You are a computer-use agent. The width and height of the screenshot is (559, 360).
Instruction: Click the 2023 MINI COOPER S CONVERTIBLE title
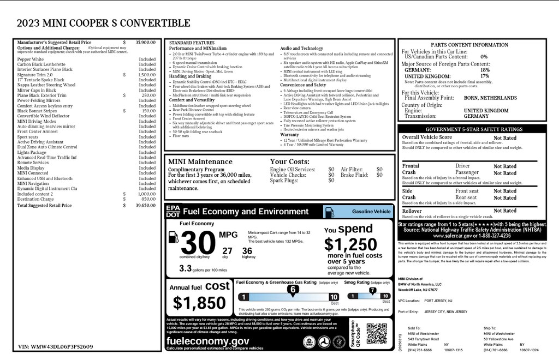(x=104, y=23)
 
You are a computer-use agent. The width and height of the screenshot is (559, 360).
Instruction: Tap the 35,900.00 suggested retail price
(x=146, y=42)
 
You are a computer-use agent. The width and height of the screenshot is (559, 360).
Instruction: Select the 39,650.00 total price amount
(x=146, y=206)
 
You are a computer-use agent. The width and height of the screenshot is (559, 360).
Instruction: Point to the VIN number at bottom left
(x=55, y=346)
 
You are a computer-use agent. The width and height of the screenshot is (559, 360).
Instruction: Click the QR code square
(x=376, y=333)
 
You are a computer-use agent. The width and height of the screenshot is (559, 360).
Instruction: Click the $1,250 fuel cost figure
(x=350, y=244)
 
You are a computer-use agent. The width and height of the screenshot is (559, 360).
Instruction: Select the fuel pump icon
(x=173, y=237)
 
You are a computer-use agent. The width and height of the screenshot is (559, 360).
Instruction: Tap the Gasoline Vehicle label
(x=371, y=212)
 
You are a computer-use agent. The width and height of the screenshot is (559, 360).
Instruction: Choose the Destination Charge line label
(x=35, y=199)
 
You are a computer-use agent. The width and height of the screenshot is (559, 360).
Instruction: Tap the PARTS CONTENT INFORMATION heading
(x=469, y=45)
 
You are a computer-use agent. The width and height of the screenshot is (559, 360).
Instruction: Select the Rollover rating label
(x=412, y=211)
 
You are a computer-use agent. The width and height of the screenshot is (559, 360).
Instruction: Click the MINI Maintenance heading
(x=200, y=161)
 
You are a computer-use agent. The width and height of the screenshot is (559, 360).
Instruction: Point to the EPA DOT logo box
(x=172, y=211)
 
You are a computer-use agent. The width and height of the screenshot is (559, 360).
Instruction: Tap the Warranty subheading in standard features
(x=290, y=134)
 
